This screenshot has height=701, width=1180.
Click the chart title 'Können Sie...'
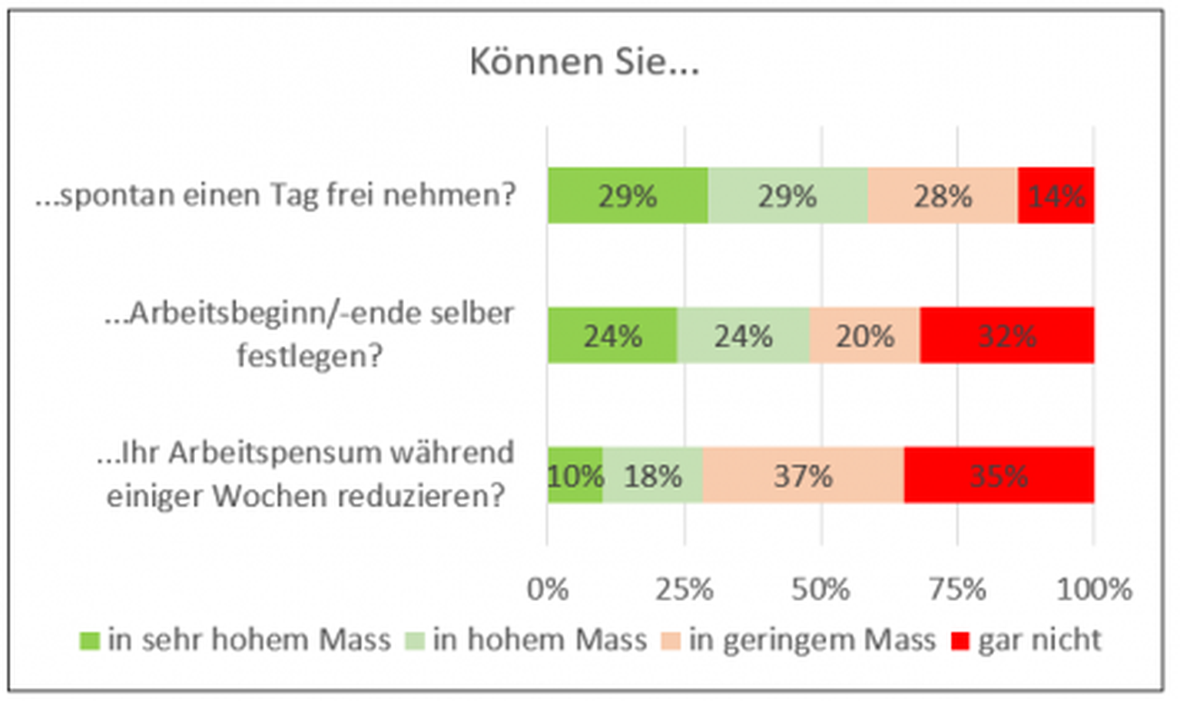584,62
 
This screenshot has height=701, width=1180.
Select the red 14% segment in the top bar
1056,196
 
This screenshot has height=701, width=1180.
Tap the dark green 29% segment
628,196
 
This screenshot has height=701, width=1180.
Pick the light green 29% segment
787,196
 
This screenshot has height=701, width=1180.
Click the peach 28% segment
943,196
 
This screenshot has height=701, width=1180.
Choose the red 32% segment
1007,336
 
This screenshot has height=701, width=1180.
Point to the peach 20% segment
864,336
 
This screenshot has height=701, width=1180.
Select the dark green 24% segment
612,336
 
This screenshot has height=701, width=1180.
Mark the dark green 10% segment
575,476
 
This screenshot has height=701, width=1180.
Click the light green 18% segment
652,476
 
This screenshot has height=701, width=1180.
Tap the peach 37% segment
803,476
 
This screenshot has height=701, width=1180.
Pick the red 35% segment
999,476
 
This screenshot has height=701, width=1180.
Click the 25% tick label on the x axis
684,590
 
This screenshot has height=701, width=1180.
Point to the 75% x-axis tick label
957,590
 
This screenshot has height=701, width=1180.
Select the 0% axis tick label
548,590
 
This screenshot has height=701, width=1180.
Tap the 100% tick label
1094,590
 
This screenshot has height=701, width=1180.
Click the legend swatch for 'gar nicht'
960,640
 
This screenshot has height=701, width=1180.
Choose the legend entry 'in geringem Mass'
811,640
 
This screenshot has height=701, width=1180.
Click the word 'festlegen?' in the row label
310,356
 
